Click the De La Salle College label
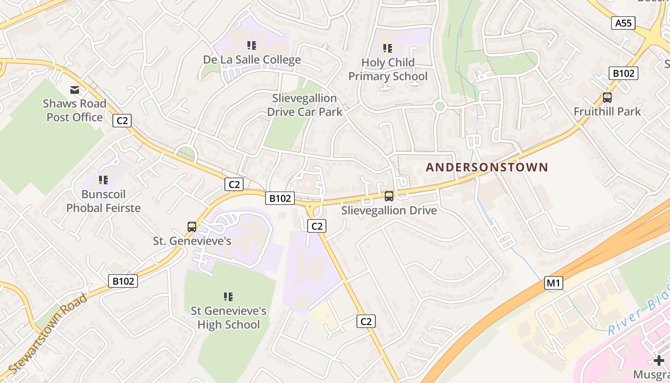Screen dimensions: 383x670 (252, 60)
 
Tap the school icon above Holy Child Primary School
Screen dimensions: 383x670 (388, 48)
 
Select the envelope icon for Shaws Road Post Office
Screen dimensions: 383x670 (75, 90)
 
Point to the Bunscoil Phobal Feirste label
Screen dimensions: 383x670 (103, 201)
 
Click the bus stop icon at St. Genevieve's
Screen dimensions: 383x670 (192, 227)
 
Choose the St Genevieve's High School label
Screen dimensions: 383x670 (228, 317)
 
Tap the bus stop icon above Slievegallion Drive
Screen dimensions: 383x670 (389, 196)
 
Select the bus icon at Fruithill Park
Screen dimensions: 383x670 (607, 98)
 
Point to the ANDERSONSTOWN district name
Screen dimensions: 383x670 (487, 167)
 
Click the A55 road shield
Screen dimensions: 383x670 (623, 23)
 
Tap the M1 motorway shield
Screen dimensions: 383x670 (553, 283)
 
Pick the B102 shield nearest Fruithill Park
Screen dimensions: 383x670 (624, 73)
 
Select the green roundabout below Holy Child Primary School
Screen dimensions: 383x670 (439, 106)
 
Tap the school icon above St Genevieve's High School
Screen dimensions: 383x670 (228, 297)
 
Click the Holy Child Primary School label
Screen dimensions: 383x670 (388, 69)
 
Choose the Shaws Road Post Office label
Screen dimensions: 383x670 (75, 110)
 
